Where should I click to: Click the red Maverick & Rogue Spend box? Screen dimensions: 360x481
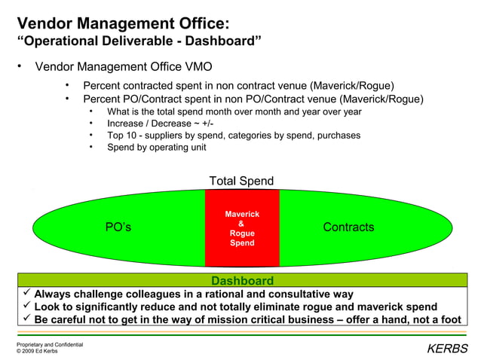point(242,227)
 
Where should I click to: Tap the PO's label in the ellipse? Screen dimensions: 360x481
point(118,227)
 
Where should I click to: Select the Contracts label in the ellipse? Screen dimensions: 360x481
point(348,227)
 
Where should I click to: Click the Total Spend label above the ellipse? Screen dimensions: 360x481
point(241,181)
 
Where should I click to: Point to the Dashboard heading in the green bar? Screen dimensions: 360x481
point(242,280)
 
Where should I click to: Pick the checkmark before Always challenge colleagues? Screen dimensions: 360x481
point(26,293)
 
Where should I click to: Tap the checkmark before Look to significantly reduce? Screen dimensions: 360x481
point(26,306)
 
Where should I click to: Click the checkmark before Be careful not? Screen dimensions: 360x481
point(26,319)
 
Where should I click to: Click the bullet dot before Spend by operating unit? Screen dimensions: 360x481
point(90,148)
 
